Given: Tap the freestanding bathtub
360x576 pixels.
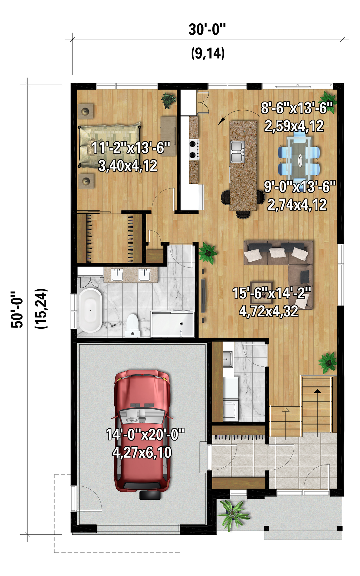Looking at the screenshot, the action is point(90,310).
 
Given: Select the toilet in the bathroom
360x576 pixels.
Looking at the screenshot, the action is point(132,325).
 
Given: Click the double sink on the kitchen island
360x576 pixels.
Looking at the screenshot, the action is point(237,152).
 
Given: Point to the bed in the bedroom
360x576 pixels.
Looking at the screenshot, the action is point(110,145).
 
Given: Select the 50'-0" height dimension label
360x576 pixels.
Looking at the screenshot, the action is point(17,310).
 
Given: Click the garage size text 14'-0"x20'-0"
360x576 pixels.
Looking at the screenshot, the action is point(145,434).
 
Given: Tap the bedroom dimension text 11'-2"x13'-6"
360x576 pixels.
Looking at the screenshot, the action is point(131,148).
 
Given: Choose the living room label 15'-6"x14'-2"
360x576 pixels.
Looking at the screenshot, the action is point(272,293).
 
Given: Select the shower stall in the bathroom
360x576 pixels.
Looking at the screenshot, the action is point(172,324).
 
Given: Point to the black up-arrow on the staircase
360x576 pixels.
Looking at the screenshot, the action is point(317,391).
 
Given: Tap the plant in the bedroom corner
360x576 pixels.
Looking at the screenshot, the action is point(168,100).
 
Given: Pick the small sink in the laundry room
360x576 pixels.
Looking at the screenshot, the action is point(228,359).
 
